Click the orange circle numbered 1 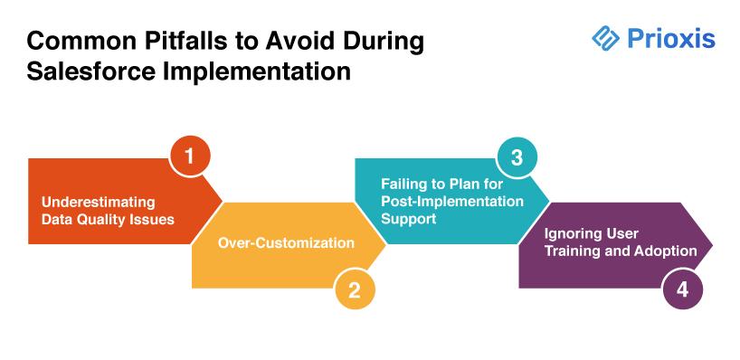[190, 156]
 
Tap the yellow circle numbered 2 [355, 289]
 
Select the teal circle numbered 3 [517, 156]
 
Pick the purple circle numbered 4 [682, 289]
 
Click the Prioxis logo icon [605, 37]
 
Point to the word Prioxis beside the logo [671, 38]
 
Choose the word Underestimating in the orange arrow [99, 202]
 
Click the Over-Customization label [286, 242]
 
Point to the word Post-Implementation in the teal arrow [452, 201]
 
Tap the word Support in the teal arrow [409, 219]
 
